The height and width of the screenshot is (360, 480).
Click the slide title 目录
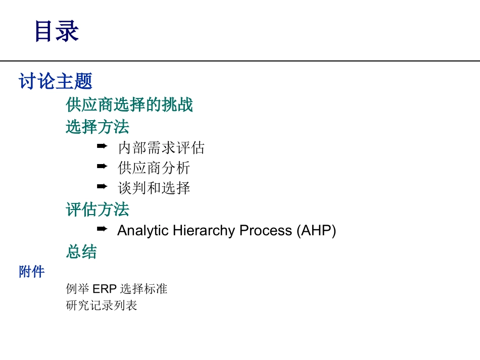point(57,31)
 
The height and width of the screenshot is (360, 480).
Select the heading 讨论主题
point(56,81)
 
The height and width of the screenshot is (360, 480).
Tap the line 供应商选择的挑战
point(129,105)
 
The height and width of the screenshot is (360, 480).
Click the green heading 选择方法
point(97,126)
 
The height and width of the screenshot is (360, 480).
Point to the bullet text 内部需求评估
point(161,148)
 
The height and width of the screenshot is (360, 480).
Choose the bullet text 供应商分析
point(154,168)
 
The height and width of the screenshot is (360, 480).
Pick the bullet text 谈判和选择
point(154,188)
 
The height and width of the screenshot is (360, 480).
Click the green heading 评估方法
point(97,209)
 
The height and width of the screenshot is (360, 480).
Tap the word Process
point(266,231)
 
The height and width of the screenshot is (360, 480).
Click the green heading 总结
point(81,251)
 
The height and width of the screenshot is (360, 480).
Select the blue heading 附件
point(32,272)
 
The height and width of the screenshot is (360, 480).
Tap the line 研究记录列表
point(102,305)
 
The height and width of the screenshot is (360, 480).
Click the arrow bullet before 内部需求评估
point(102,146)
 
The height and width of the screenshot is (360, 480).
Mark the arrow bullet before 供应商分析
point(102,166)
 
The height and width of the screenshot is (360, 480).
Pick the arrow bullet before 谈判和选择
point(102,186)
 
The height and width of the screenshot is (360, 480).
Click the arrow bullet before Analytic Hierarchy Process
point(102,229)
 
